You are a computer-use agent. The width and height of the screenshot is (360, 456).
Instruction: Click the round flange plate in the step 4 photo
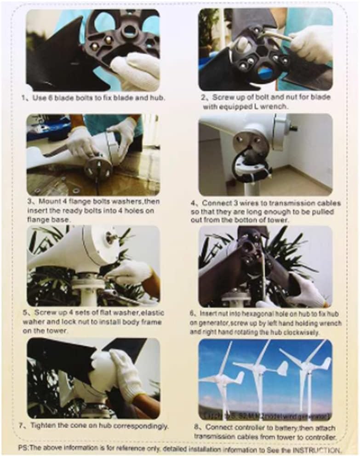point(250,142)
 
